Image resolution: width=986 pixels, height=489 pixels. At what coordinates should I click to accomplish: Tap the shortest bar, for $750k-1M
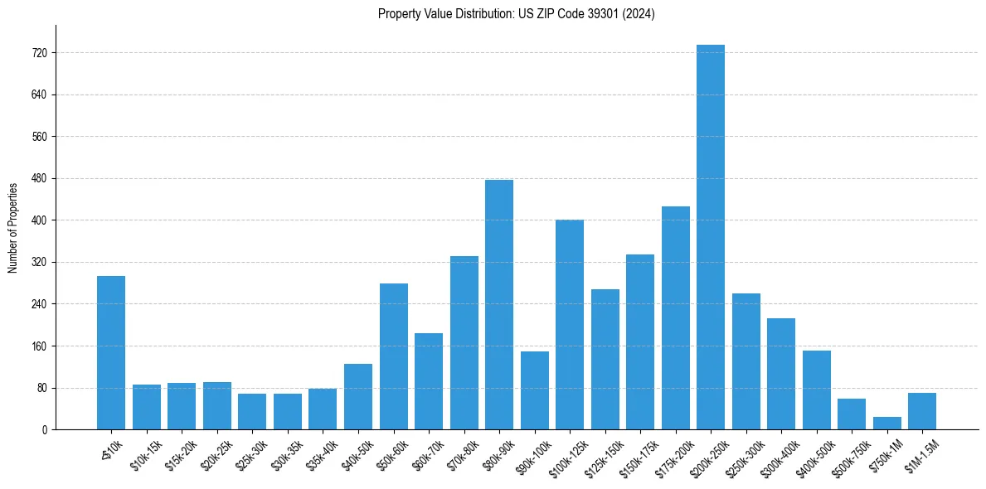pos(886,424)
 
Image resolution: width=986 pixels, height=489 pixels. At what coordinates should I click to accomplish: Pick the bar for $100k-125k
pos(570,325)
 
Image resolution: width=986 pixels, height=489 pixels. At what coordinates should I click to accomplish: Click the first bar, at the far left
pos(111,353)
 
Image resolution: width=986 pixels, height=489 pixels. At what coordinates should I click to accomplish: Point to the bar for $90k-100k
pos(534,390)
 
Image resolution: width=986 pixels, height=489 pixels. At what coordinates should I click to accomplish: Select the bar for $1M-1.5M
pos(922,411)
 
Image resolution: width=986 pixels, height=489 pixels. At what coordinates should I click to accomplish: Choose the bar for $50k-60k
pos(393,356)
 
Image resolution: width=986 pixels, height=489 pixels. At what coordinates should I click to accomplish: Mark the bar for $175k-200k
pos(675,318)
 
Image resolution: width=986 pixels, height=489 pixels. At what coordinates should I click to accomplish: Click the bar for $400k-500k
pos(816,390)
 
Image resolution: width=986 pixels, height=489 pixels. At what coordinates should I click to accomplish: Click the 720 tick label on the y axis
pos(39,53)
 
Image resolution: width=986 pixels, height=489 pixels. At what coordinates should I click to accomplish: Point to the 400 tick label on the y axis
pos(39,220)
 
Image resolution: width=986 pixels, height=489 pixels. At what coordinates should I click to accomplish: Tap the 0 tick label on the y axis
pos(45,430)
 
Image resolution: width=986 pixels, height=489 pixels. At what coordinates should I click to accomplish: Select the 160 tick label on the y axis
pos(39,346)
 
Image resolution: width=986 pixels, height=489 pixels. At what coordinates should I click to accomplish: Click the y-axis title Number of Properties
pos(12,228)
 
